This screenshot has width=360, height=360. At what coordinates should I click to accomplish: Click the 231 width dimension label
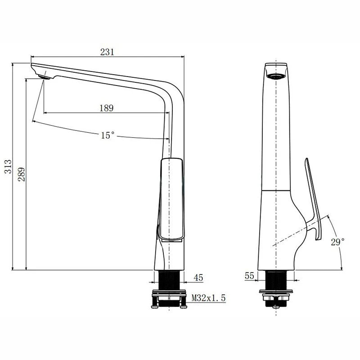(x=107, y=52)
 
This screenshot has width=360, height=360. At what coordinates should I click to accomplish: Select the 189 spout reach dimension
(x=106, y=108)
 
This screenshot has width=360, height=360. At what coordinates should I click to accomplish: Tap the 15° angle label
(x=108, y=135)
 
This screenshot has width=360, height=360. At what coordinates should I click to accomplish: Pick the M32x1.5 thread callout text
(x=208, y=297)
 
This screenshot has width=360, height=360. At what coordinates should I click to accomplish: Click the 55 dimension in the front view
(x=250, y=276)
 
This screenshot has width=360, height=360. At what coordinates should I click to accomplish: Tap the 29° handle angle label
(x=337, y=242)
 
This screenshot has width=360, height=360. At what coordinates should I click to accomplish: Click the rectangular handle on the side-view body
(x=171, y=198)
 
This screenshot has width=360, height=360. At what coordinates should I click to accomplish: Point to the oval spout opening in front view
(x=275, y=76)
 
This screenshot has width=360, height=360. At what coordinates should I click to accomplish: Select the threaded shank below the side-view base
(x=169, y=281)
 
